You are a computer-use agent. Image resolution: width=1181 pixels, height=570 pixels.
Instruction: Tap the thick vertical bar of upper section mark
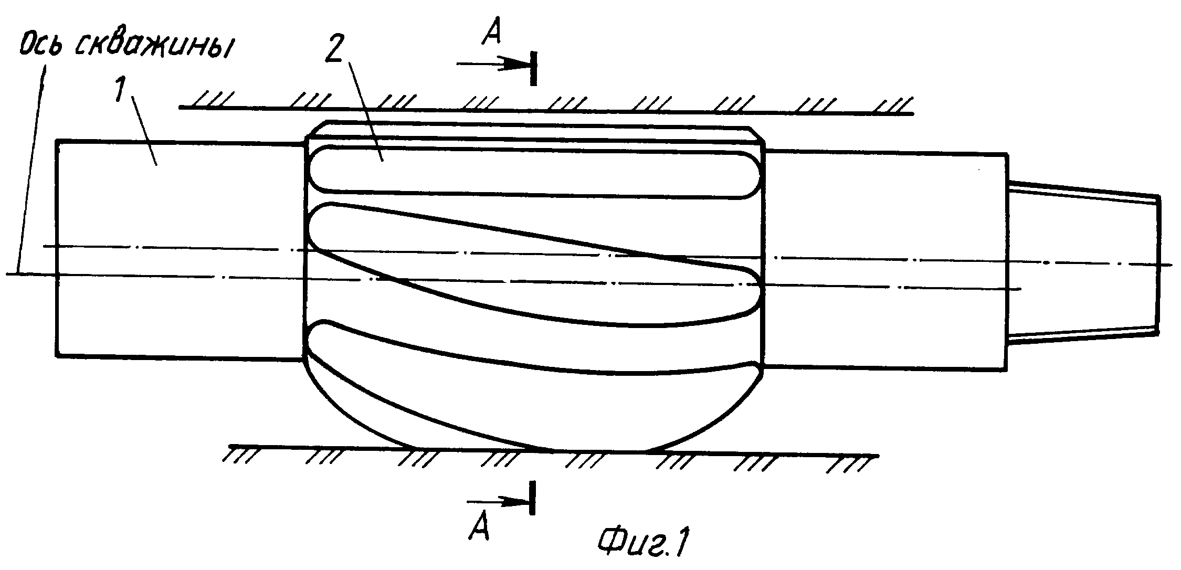click(533, 68)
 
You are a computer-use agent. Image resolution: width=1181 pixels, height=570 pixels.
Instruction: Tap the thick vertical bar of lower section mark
click(533, 497)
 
